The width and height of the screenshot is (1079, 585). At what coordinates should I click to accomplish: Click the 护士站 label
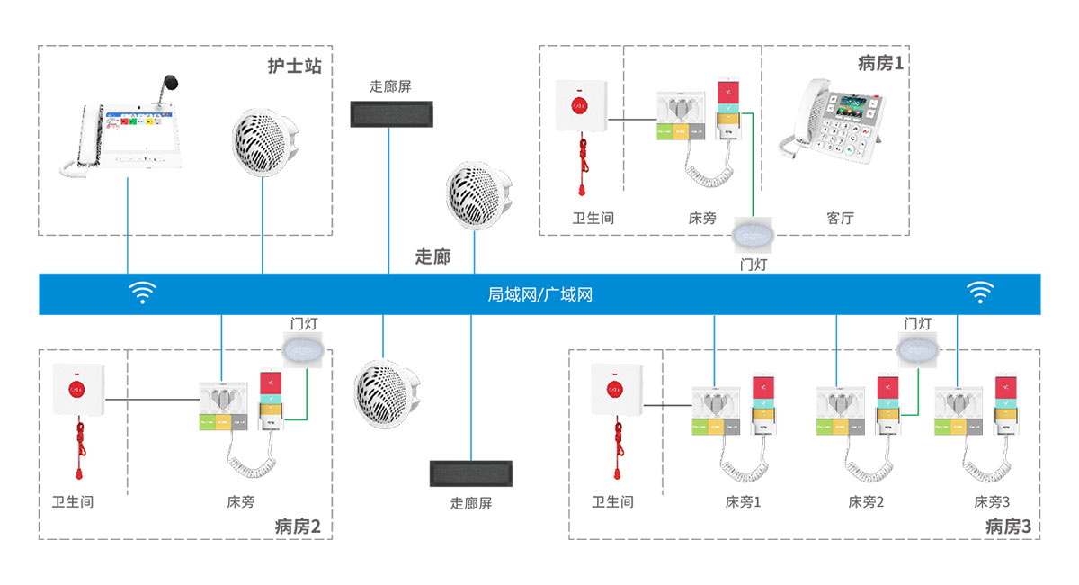[x=294, y=67]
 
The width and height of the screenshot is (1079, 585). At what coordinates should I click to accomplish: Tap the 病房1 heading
[x=880, y=63]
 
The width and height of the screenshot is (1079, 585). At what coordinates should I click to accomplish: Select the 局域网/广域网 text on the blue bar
[x=539, y=294]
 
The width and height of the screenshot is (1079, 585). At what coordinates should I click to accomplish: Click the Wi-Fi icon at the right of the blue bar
[x=979, y=292]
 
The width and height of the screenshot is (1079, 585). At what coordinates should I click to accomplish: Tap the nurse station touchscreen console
[x=126, y=135]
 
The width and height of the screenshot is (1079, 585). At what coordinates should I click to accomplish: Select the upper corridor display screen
[x=390, y=112]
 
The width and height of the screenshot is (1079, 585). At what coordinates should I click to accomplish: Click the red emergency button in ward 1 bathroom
[x=580, y=105]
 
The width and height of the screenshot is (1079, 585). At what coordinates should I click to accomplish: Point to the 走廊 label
[x=432, y=256]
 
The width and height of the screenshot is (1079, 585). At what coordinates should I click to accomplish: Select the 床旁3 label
[x=992, y=502]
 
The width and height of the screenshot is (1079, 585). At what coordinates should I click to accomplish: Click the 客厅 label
[x=839, y=218]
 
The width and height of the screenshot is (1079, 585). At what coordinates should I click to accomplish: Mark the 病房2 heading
[x=298, y=526]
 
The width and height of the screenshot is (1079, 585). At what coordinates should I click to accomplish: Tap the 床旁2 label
[x=866, y=502]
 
